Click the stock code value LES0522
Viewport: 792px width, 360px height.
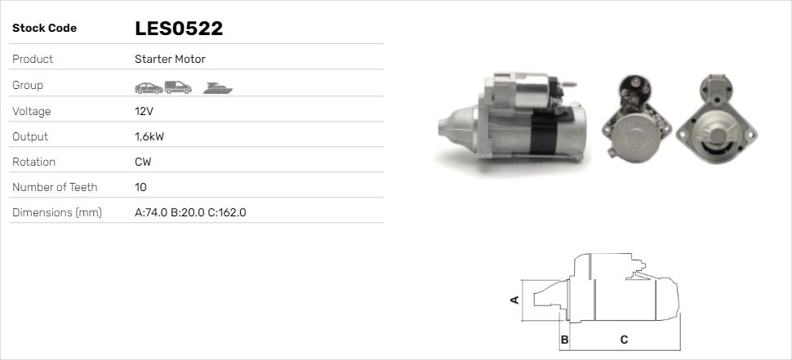click(x=179, y=29)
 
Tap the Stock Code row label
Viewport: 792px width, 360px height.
click(x=44, y=29)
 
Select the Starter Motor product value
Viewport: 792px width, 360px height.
click(x=170, y=59)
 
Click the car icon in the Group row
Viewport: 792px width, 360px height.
click(x=148, y=86)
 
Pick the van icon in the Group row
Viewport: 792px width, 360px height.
click(x=178, y=86)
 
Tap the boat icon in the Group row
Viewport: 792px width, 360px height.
click(x=218, y=86)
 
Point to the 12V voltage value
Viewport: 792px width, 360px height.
click(x=143, y=111)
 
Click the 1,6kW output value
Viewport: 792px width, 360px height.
click(x=149, y=136)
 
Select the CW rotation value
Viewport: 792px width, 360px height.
click(x=143, y=162)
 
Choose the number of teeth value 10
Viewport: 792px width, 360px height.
click(x=140, y=187)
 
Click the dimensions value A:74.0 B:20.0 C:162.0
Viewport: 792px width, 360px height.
click(x=190, y=212)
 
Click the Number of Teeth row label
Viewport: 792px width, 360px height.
click(x=55, y=187)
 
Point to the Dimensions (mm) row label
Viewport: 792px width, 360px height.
click(x=56, y=212)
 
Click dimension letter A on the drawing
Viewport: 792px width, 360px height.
click(x=514, y=300)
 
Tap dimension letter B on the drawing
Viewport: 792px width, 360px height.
click(x=564, y=339)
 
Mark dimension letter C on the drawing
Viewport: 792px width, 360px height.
click(x=624, y=339)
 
